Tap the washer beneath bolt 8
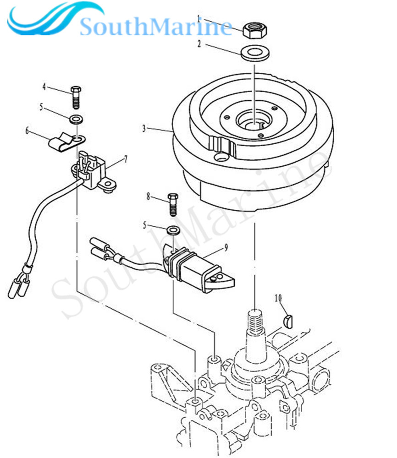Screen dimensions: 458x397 tap(173, 229)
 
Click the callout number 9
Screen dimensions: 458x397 tap(226, 247)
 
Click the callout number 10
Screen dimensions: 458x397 tap(278, 298)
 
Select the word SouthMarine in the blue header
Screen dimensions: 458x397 tap(156, 27)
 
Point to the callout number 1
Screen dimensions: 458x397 tap(198, 19)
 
